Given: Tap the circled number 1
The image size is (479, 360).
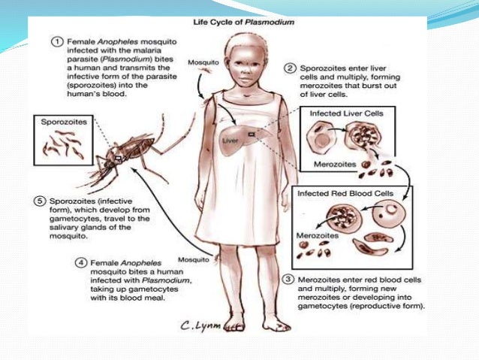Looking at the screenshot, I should coord(56,40).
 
